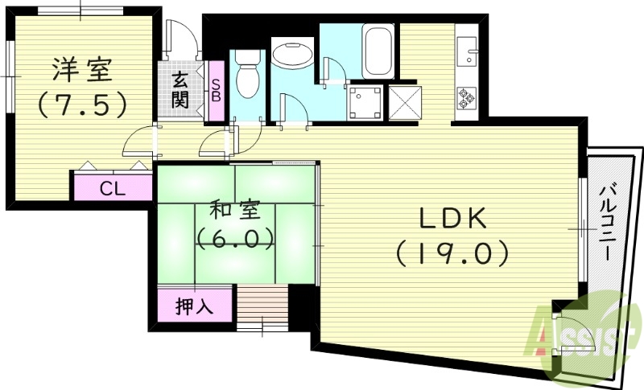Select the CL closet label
coord(112,189)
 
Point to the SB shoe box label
coord(216,90)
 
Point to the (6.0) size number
coord(233,240)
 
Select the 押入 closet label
coord(193,306)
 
